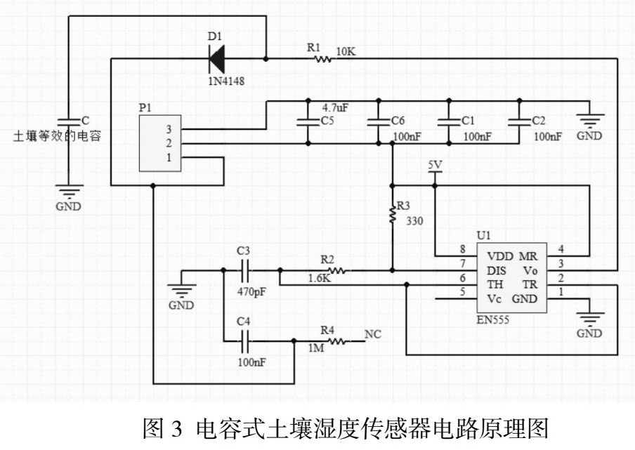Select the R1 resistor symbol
(323, 59)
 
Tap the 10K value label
(347, 51)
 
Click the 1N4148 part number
(225, 81)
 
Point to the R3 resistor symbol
(392, 213)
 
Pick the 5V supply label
(436, 165)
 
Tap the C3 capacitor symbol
(244, 270)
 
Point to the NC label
(373, 335)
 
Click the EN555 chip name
(495, 319)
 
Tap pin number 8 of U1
(462, 249)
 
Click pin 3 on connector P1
(169, 129)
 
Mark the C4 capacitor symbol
(244, 342)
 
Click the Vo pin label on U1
(530, 271)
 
